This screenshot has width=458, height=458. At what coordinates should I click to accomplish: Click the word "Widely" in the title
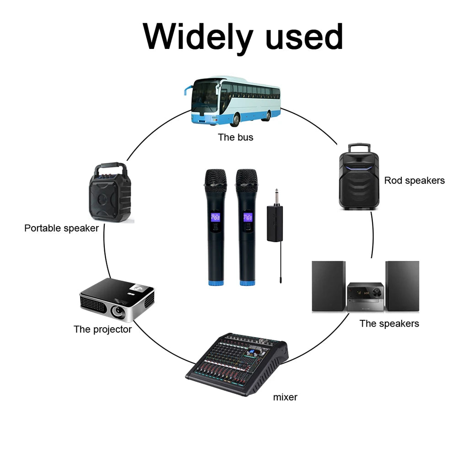click(x=198, y=37)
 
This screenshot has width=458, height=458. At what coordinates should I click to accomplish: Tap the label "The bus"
click(x=235, y=137)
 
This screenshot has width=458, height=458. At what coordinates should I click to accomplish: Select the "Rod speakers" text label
click(x=414, y=180)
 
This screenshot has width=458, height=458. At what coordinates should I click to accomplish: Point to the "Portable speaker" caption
click(x=61, y=228)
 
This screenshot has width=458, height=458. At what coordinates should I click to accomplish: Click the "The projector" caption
click(x=102, y=329)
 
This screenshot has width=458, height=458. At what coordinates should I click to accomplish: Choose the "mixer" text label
click(x=285, y=397)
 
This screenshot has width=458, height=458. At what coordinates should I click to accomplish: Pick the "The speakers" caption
click(x=389, y=323)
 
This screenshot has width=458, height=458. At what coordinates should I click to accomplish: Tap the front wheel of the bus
click(x=235, y=119)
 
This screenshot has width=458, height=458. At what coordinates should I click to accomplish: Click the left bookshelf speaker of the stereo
click(x=329, y=286)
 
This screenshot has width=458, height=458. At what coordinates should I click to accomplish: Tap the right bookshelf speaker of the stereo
click(x=402, y=286)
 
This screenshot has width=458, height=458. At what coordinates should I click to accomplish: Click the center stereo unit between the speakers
click(x=365, y=297)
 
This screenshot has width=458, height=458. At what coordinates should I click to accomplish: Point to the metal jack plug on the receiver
click(x=276, y=197)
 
